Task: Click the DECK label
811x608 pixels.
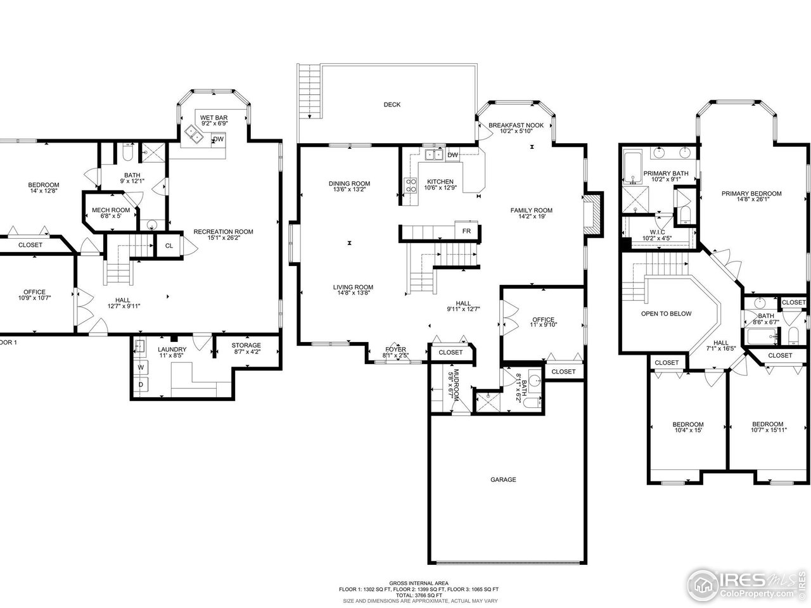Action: tap(392, 104)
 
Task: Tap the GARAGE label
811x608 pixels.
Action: tap(502, 479)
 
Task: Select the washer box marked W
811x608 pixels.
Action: tap(140, 367)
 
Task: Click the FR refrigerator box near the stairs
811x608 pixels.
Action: tap(466, 231)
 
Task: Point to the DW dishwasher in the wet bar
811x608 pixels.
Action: tap(218, 139)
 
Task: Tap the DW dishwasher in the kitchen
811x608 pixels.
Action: tap(452, 155)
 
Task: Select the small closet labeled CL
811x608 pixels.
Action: tap(169, 246)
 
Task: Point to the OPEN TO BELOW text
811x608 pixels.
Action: tap(666, 313)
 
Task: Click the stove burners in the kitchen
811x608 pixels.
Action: tap(410, 185)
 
